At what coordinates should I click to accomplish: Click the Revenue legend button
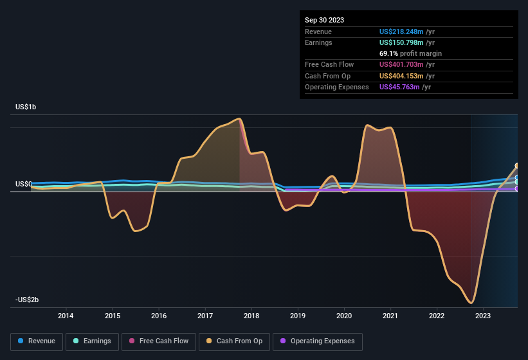pos(37,341)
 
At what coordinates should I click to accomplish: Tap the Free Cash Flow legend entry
pos(158,341)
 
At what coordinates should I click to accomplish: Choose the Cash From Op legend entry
pos(235,341)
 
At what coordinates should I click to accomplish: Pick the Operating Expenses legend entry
pos(318,341)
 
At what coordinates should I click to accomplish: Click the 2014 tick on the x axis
pos(66,316)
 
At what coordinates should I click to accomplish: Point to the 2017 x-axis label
pos(205,316)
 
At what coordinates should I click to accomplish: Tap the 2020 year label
pos(344,316)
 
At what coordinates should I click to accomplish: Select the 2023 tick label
pos(483,316)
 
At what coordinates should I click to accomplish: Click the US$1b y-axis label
pos(26,107)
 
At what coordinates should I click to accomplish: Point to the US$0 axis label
pos(24,184)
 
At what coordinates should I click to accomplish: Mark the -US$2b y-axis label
pos(27,300)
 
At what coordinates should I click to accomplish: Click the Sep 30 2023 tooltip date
pos(325,20)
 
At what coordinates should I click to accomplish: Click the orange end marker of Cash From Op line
pos(517,166)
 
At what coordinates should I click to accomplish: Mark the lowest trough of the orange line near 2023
pos(471,303)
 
